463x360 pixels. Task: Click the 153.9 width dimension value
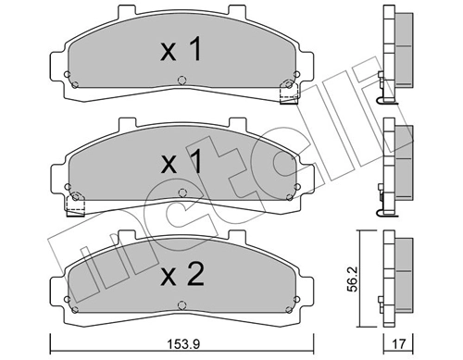pyautogui.click(x=183, y=344)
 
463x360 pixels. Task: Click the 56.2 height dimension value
pyautogui.click(x=352, y=279)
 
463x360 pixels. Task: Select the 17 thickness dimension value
pyautogui.click(x=398, y=343)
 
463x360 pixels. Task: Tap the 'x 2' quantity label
pyautogui.click(x=182, y=274)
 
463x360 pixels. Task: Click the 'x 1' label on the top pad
pyautogui.click(x=181, y=49)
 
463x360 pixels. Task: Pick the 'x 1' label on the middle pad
pyautogui.click(x=181, y=161)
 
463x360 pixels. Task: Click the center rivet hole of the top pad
pyautogui.click(x=181, y=81)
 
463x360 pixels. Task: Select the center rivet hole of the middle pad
pyautogui.click(x=182, y=193)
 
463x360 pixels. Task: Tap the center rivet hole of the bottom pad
pyautogui.click(x=181, y=305)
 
